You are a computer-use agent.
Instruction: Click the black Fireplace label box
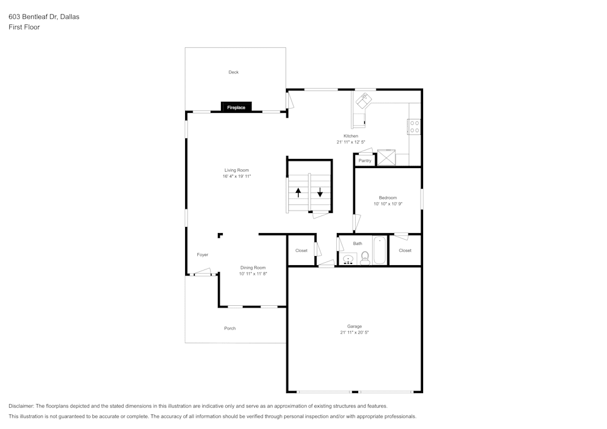236,107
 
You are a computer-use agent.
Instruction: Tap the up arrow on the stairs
298,192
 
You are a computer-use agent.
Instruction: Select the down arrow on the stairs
320,192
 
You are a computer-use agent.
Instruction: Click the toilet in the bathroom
365,258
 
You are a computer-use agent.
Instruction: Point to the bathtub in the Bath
380,250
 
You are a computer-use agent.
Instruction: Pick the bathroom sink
348,259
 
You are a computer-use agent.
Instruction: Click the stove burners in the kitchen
414,126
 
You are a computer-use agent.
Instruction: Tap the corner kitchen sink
364,100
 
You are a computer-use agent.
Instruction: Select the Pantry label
365,161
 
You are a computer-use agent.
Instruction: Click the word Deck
234,72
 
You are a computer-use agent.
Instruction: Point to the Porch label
230,328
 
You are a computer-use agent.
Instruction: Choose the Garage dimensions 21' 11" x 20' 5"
354,333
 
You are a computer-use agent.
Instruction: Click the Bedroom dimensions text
388,204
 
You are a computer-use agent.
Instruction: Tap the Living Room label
237,171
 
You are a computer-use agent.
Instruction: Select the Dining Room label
253,268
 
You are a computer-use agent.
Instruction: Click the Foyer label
203,254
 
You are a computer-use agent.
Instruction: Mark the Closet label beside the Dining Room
301,251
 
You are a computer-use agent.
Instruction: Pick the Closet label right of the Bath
405,251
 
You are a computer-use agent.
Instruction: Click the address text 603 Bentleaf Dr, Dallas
44,16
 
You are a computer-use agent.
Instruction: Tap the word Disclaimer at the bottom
21,406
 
